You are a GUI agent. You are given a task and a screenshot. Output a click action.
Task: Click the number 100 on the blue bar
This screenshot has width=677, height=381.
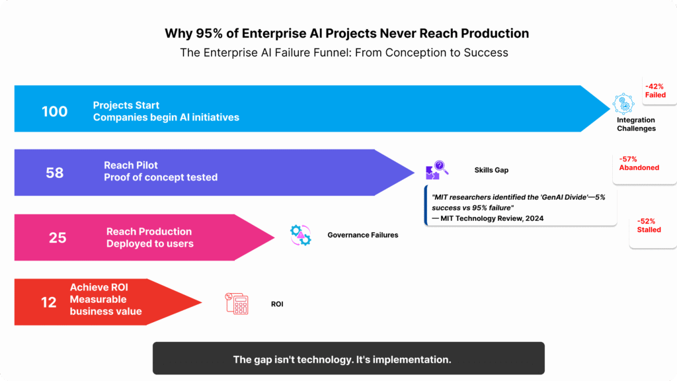54,111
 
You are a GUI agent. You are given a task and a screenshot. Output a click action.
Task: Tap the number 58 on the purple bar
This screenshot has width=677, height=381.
55,173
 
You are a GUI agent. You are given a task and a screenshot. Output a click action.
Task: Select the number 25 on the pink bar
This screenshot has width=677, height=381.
58,237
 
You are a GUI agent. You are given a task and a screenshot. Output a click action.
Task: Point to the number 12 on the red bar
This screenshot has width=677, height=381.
49,303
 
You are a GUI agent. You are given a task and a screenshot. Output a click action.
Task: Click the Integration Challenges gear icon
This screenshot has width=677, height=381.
623,104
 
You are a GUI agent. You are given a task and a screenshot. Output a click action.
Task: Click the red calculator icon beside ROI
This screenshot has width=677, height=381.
236,304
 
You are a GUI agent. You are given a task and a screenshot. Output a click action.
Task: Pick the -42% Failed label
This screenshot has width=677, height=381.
655,90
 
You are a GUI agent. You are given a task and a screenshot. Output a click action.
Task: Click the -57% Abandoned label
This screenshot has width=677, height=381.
639,163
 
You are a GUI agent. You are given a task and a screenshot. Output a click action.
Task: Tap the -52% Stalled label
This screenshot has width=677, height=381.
649,225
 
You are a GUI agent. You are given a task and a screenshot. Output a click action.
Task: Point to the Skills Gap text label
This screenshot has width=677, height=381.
491,170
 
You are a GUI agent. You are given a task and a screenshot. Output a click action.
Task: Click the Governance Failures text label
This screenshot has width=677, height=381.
362,235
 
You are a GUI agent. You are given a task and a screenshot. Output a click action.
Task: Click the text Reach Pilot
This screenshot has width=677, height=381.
131,165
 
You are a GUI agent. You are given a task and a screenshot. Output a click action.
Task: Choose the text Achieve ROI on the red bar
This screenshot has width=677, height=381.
99,287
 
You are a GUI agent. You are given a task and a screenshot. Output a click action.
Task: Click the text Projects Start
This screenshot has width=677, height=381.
126,105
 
